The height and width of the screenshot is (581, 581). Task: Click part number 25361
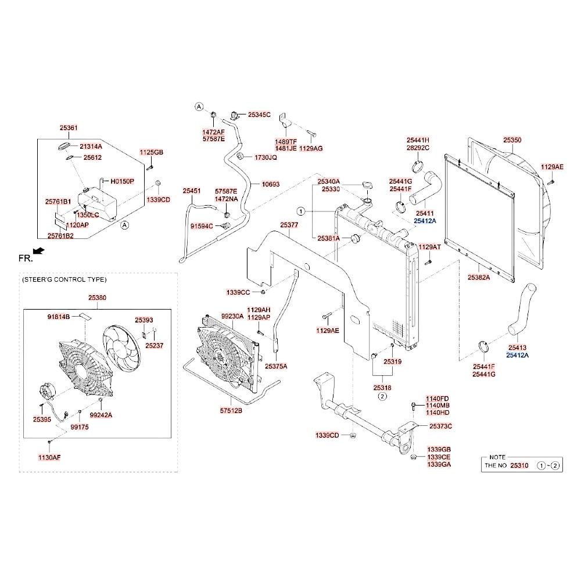pyautogui.click(x=69, y=128)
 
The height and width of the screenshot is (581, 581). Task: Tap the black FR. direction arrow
pyautogui.click(x=39, y=250)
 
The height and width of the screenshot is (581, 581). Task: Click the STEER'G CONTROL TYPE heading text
pyautogui.click(x=64, y=279)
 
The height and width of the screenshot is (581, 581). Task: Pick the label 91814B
pyautogui.click(x=58, y=317)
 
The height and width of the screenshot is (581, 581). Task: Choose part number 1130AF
pyautogui.click(x=49, y=457)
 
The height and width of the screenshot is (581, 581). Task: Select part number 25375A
pyautogui.click(x=276, y=367)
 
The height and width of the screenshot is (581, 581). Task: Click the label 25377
pyautogui.click(x=289, y=225)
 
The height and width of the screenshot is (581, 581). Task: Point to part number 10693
pyautogui.click(x=270, y=184)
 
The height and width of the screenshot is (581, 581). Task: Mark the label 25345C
pyautogui.click(x=259, y=115)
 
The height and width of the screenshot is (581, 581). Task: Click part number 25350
pyautogui.click(x=512, y=140)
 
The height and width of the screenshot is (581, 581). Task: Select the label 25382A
pyautogui.click(x=479, y=278)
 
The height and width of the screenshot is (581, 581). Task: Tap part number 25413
pyautogui.click(x=517, y=346)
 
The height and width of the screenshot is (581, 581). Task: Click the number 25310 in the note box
pyautogui.click(x=519, y=466)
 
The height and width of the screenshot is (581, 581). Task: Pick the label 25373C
pyautogui.click(x=440, y=426)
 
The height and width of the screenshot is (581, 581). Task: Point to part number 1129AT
pyautogui.click(x=430, y=247)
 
